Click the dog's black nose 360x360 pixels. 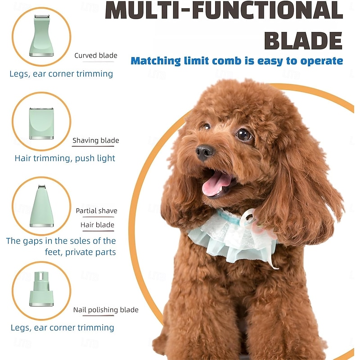coord(205,152)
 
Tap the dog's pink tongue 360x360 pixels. coord(216,184)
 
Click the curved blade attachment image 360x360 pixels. coord(41,36)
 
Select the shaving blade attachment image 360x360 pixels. coord(41,123)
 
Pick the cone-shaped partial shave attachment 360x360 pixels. coord(41,206)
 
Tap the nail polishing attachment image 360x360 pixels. coord(41,289)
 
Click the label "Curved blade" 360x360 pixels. coord(96,55)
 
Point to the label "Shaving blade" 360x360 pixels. coord(96,140)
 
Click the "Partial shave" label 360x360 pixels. coord(96,211)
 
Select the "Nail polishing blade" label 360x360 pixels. coord(106,310)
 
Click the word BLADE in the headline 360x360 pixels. coord(303,40)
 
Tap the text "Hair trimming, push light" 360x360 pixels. coord(65,158)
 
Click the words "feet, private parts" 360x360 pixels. coord(81,252)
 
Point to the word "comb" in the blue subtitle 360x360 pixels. coord(227,61)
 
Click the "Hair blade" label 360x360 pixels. coord(97,225)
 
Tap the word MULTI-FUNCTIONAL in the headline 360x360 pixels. coord(224,10)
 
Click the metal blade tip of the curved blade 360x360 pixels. coord(41,17)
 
